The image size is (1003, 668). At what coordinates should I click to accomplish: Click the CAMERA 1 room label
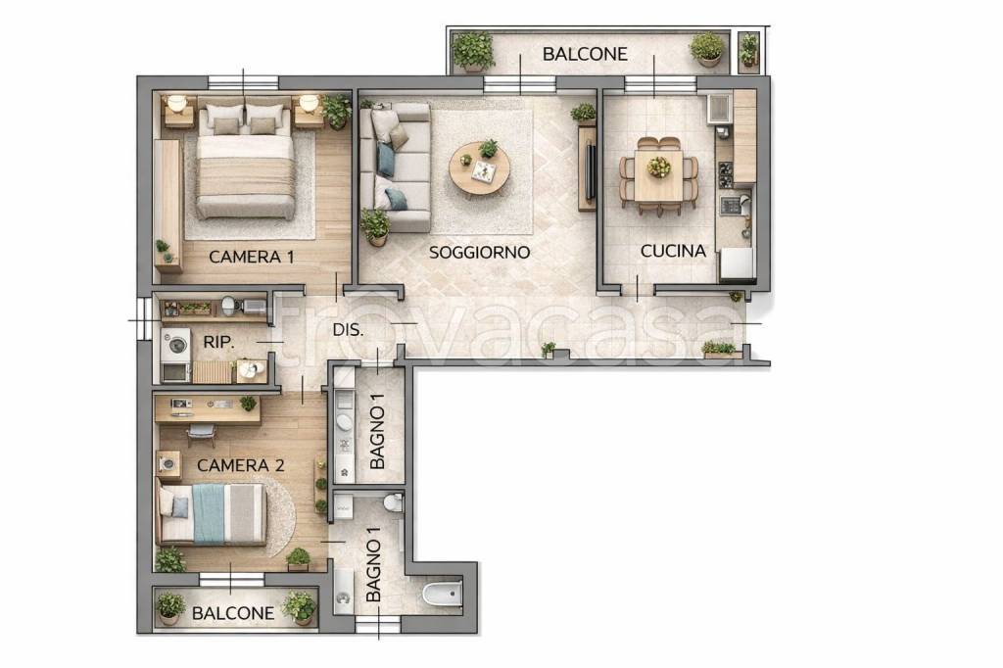pos(252,258)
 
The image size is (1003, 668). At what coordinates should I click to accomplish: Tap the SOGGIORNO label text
pos(479,252)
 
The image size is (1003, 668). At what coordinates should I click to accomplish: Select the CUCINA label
pos(673,251)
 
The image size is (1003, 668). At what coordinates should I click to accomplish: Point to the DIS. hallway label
pos(348,331)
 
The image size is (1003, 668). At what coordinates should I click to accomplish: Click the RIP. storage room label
pos(218,342)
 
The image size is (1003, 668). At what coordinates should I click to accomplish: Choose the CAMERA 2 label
pos(241,465)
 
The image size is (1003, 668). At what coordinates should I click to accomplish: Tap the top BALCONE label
pos(585,54)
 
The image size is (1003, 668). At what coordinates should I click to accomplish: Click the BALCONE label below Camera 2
pos(233,613)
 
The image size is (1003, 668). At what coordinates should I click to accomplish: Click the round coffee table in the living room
pos(479,167)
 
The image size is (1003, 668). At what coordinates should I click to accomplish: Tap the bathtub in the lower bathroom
pos(443,594)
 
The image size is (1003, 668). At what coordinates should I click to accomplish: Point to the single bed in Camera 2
pos(213,514)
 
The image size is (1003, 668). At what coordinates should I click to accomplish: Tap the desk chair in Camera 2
pos(201,435)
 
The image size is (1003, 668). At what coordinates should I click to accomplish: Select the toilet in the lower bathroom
pos(394,502)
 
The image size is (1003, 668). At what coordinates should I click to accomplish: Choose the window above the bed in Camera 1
pos(243,82)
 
